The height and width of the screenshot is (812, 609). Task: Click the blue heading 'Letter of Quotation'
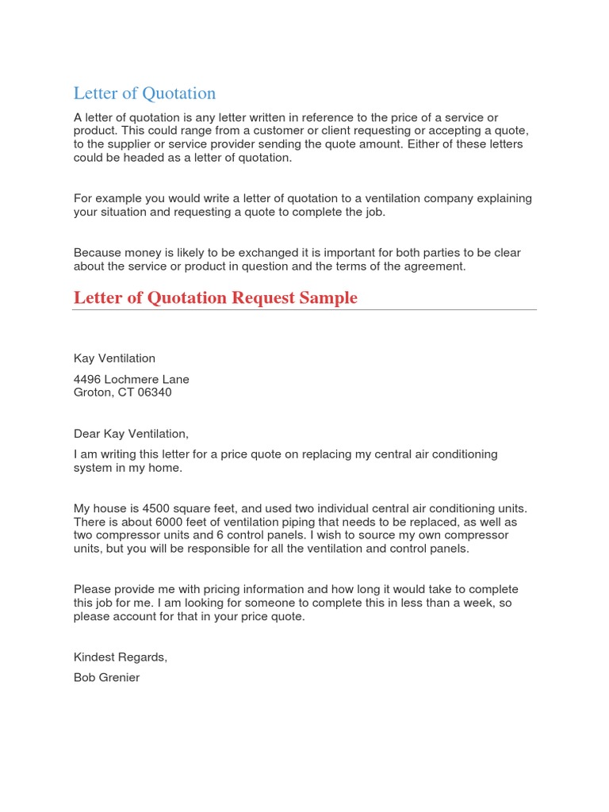144,94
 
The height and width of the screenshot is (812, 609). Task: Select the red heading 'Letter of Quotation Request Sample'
216,298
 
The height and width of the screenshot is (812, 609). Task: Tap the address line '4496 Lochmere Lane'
132,379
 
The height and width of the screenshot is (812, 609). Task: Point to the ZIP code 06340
155,392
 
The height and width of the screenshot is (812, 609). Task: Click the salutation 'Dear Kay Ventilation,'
132,434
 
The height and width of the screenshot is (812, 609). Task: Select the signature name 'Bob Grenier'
106,677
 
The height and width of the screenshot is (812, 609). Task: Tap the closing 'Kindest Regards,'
121,657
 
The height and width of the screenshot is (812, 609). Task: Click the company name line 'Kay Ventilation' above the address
114,358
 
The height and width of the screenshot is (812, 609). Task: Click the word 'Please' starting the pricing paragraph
94,589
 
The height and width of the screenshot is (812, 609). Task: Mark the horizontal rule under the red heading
304,310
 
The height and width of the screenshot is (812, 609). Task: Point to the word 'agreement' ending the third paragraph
435,266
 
